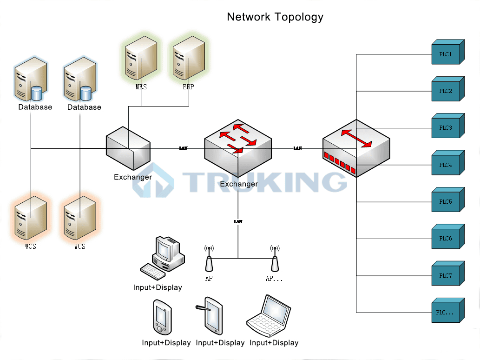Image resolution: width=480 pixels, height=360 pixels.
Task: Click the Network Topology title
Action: point(275,17)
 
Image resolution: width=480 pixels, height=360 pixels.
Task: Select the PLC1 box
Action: point(446,55)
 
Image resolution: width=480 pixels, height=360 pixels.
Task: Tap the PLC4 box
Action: point(446,165)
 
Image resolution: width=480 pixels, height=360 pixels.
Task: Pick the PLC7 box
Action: point(446,276)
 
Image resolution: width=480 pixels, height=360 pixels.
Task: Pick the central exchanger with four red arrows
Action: point(238,144)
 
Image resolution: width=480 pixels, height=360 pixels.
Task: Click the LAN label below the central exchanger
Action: point(238,222)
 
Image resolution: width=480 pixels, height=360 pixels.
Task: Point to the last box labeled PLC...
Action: point(446,313)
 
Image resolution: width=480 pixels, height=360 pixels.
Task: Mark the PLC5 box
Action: point(446,202)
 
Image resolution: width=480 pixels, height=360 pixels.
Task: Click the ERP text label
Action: point(189,87)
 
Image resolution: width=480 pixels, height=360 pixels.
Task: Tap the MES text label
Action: point(141,87)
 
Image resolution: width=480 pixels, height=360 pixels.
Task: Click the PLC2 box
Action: point(446,91)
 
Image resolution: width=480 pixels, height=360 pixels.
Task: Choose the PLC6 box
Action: point(446,239)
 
